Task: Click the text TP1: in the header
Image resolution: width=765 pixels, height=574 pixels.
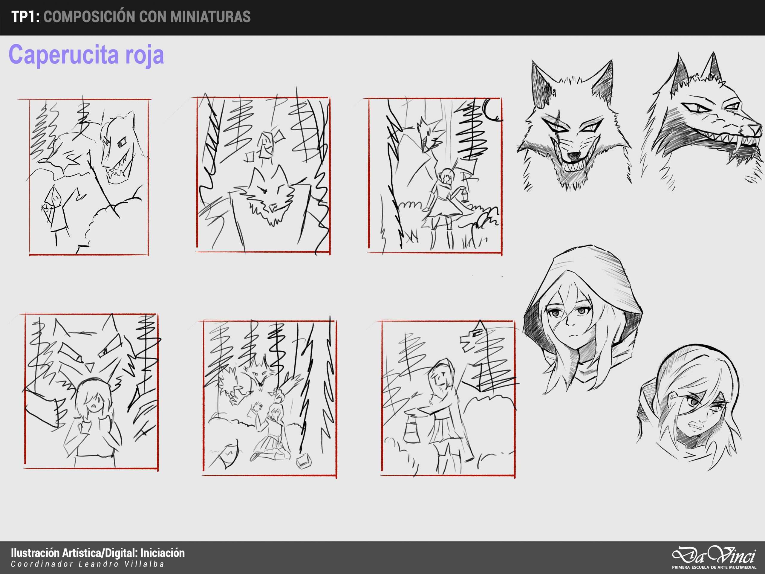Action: pyautogui.click(x=25, y=17)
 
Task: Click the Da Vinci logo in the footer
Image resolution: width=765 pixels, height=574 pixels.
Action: pyautogui.click(x=714, y=556)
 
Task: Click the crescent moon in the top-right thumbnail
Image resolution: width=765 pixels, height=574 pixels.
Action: pyautogui.click(x=492, y=111)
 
